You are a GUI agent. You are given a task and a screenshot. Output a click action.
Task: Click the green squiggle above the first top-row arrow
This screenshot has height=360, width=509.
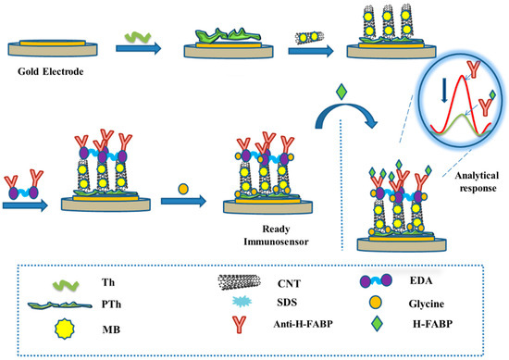(139, 33)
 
